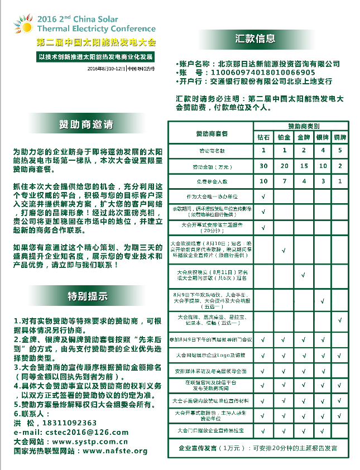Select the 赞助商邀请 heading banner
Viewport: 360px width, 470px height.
point(87,124)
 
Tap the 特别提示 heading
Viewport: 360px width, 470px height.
point(88,296)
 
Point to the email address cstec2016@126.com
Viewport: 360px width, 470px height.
point(71,432)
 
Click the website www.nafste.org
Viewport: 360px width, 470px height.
point(115,450)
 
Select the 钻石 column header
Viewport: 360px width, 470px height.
point(263,137)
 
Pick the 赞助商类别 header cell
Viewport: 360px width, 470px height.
point(302,127)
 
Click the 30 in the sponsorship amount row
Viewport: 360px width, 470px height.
point(263,166)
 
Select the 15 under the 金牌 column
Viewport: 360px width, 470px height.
point(303,166)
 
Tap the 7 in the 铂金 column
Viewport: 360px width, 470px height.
point(284,181)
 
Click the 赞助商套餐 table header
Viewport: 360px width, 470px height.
point(212,134)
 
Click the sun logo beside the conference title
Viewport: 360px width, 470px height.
point(24,23)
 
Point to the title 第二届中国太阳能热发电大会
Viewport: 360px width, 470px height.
point(96,42)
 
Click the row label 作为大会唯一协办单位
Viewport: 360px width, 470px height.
point(212,197)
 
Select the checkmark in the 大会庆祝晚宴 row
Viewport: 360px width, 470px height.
point(303,274)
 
